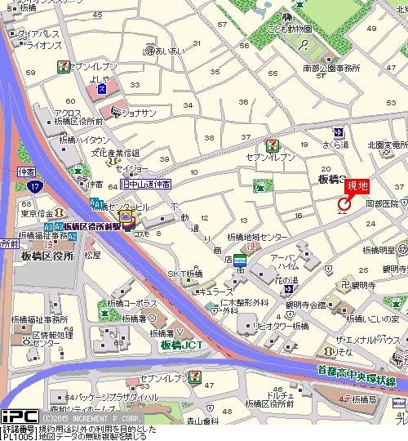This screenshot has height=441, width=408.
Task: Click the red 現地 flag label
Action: pyautogui.click(x=356, y=186)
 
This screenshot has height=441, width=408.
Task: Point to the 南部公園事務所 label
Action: pyautogui.click(x=329, y=69)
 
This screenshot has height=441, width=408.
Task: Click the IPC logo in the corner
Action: pyautogui.click(x=13, y=416)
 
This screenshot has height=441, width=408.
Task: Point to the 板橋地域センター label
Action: pyautogui.click(x=258, y=237)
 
